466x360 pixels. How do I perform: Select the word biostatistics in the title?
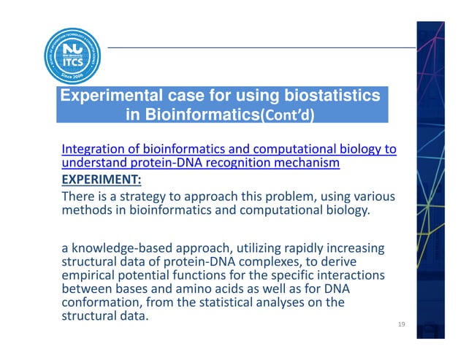coord(324,96)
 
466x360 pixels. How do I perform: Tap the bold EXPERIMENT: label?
coord(101,180)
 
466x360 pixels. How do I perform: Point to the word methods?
coord(88,211)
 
